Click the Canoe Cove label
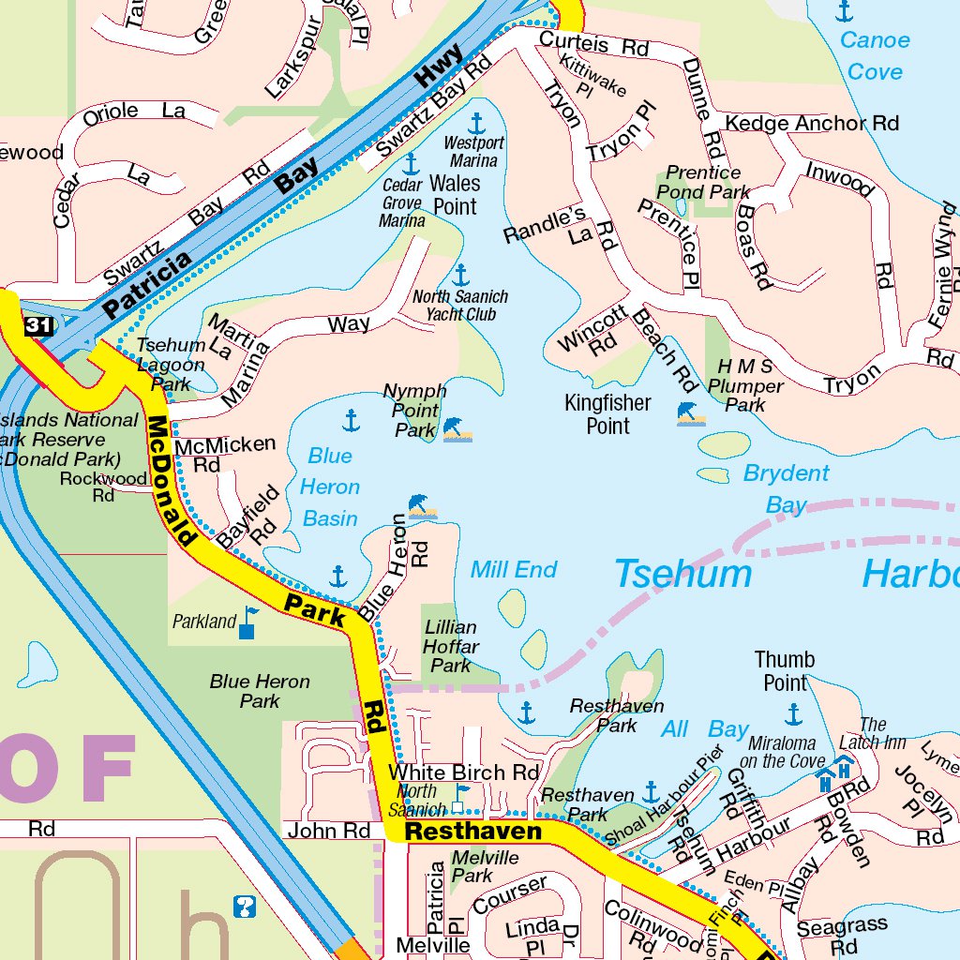coord(874,55)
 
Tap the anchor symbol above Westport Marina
coord(476,123)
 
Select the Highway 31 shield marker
coord(39,326)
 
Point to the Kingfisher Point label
coord(607,414)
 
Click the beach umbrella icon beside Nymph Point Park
coord(457,429)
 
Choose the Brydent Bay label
coord(786,488)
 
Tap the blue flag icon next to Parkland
coord(247,622)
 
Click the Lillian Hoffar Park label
coord(451,646)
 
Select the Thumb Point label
coord(785,671)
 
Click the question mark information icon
coord(244,907)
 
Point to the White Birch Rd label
coord(464,772)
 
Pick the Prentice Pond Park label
coord(703,182)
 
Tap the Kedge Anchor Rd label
coord(812,124)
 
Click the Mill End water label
coord(514,569)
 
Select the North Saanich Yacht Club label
coord(460,306)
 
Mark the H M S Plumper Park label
coord(745,385)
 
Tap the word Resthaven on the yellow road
coord(472,832)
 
